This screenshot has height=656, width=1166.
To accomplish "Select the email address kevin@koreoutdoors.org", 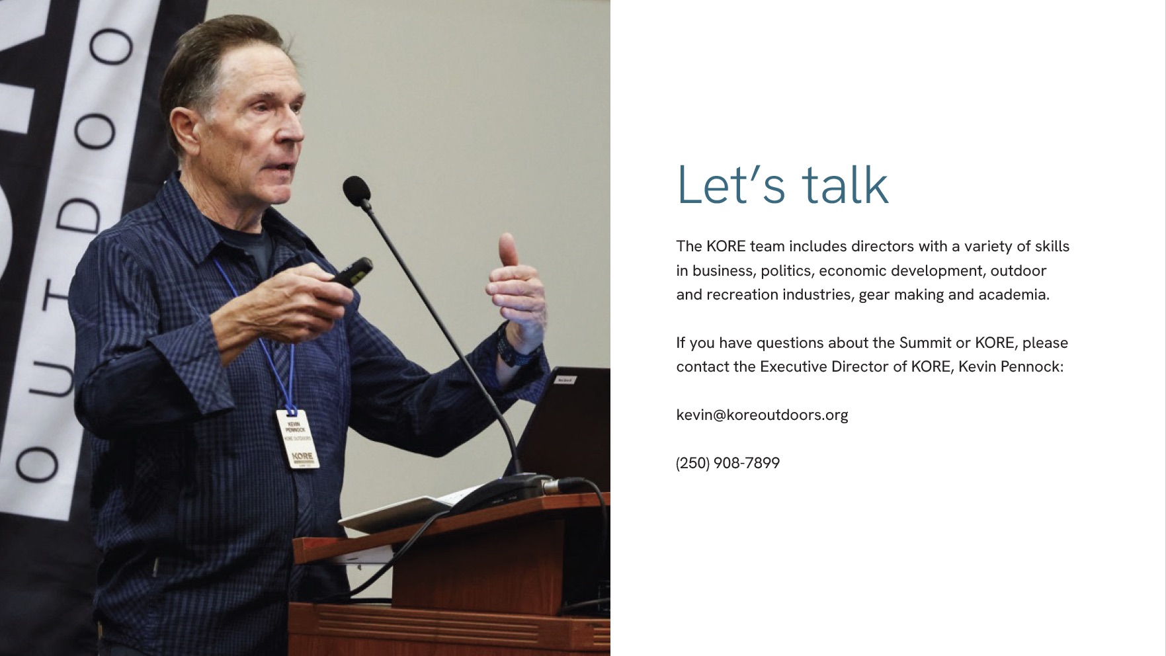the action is point(762,415).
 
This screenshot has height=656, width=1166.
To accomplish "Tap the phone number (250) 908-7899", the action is point(728,463).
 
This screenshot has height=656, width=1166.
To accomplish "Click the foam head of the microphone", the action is point(356,190).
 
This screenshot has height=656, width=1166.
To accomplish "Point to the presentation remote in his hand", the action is point(352,272).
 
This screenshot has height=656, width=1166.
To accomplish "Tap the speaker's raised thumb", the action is point(508,250).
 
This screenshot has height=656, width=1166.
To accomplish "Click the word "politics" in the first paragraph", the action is point(786,270).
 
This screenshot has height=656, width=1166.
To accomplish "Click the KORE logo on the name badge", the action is point(302,456).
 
